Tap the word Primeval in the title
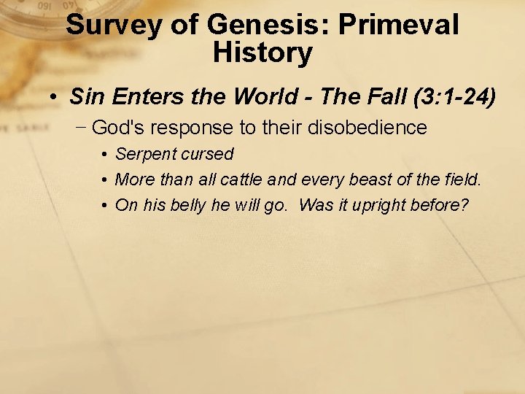click(399, 25)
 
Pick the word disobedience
click(368, 128)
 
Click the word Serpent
click(145, 155)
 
